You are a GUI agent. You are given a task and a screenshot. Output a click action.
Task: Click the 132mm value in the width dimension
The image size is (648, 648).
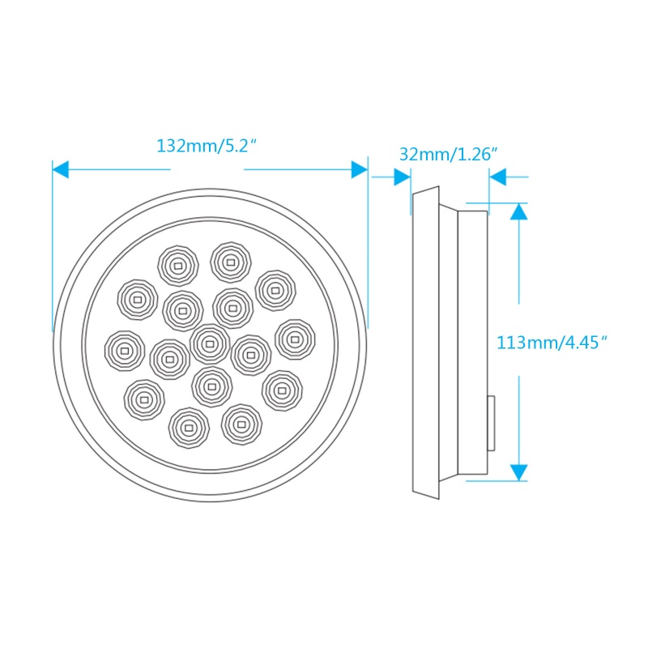tap(182, 147)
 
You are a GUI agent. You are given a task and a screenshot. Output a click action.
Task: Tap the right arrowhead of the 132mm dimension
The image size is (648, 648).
tap(359, 169)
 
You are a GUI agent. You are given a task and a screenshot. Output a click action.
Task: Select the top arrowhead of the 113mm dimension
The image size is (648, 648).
tap(519, 211)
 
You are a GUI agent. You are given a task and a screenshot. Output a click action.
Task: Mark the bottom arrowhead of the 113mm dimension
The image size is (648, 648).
tap(519, 471)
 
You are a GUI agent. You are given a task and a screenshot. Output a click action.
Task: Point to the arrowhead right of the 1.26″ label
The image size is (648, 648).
tap(498, 177)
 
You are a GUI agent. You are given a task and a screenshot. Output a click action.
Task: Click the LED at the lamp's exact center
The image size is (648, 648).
tap(210, 343)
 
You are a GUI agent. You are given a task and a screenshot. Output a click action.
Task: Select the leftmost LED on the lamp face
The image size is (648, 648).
tap(123, 350)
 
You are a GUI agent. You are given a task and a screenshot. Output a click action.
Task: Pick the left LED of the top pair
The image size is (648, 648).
tap(177, 265)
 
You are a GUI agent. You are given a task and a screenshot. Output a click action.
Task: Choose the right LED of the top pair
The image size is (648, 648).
tap(231, 261)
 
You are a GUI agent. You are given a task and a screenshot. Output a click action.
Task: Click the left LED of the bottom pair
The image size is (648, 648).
tap(189, 426)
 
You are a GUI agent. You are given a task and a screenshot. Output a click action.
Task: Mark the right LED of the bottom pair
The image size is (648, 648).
tap(241, 423)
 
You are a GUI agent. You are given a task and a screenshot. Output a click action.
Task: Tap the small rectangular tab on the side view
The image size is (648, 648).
tap(490, 423)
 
